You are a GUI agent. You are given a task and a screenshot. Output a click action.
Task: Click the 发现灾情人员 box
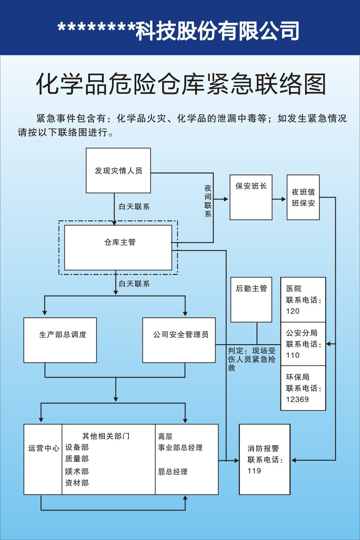pyautogui.click(x=118, y=170)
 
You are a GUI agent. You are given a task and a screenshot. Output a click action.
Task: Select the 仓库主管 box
pyautogui.click(x=118, y=247)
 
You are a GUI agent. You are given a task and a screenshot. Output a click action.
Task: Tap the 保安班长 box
pyautogui.click(x=251, y=197)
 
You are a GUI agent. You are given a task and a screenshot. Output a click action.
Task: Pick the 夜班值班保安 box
pyautogui.click(x=303, y=197)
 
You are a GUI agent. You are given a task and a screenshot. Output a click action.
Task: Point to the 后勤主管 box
pyautogui.click(x=251, y=299)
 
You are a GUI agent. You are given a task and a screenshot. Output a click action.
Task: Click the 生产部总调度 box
pyautogui.click(x=60, y=340)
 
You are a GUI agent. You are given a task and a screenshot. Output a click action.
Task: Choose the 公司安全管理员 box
pyautogui.click(x=179, y=340)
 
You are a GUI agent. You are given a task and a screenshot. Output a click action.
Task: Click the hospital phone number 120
pyautogui.click(x=293, y=311)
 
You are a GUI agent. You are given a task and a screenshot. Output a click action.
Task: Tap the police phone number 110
pyautogui.click(x=293, y=355)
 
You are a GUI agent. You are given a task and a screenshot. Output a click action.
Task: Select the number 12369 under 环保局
pyautogui.click(x=297, y=399)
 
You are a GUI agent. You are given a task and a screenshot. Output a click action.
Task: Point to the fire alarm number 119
pyautogui.click(x=254, y=471)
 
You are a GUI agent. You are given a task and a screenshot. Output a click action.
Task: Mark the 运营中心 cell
pyautogui.click(x=43, y=448)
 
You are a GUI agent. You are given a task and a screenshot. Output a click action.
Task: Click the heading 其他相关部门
pyautogui.click(x=106, y=436)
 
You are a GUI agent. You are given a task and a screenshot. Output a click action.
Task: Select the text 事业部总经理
pyautogui.click(x=180, y=448)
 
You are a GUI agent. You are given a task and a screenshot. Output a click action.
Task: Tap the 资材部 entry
pyautogui.click(x=77, y=483)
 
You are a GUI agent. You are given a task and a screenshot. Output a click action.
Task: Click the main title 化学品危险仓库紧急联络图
pyautogui.click(x=181, y=84)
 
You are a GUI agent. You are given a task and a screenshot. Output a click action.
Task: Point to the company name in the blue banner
pyautogui.click(x=179, y=31)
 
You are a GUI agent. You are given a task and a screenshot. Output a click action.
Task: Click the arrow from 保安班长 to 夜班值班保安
pyautogui.click(x=279, y=199)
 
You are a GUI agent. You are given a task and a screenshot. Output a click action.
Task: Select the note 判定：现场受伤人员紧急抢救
pyautogui.click(x=251, y=359)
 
